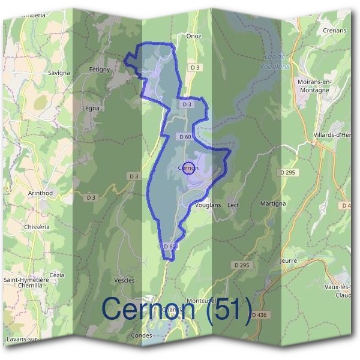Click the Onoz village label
tap(194, 36)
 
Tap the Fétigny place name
tap(100, 70)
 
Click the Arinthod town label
tap(40, 193)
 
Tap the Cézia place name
tap(57, 275)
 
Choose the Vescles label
tap(124, 280)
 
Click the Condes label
tap(142, 336)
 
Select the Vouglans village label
tap(208, 205)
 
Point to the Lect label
tap(233, 205)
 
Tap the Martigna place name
tap(273, 205)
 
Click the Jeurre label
tap(289, 261)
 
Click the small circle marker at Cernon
tap(188, 168)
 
